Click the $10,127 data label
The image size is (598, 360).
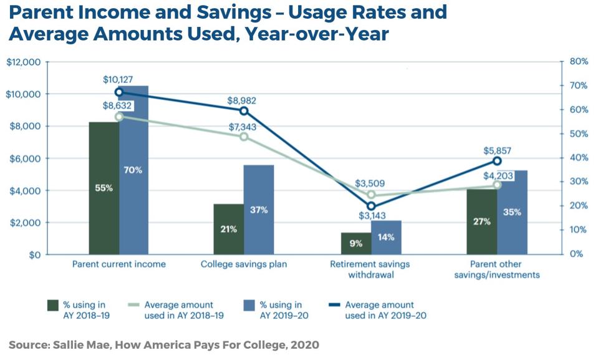pos(118,80)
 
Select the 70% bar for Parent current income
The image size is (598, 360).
pos(133,170)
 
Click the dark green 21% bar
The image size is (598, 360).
pos(228,229)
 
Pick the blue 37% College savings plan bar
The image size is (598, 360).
pos(259,210)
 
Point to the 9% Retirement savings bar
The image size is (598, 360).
pos(355,243)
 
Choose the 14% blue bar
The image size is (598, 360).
pos(386,237)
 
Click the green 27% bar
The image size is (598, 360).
pos(481,221)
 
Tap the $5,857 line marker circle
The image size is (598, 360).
pos(497,161)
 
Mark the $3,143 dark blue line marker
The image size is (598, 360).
pos(371,206)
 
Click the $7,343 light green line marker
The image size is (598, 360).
pos(244,136)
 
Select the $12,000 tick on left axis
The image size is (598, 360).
pos(23,62)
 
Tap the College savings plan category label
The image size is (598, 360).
pos(244,264)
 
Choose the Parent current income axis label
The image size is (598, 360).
pos(118,264)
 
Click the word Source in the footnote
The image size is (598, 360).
pos(29,344)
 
